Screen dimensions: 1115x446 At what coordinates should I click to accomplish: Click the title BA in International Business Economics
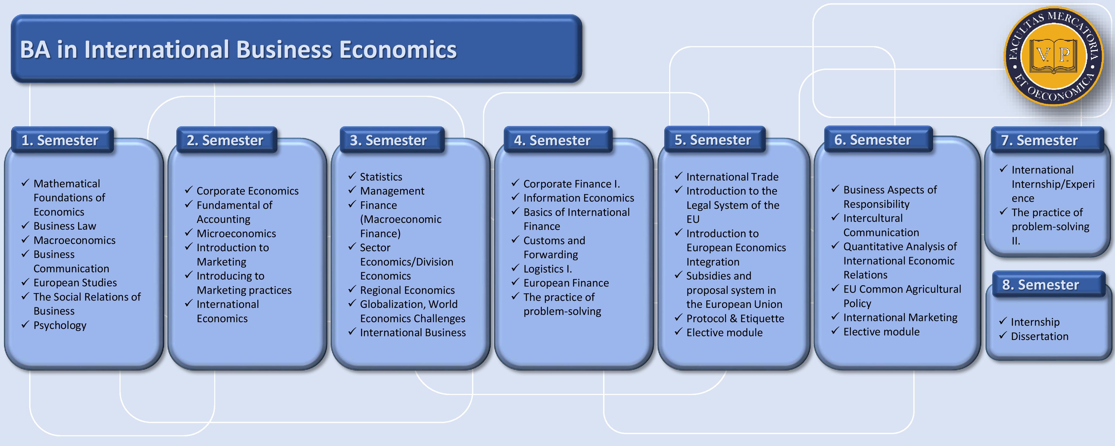[238, 49]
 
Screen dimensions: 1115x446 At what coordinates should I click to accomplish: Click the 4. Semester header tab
[557, 140]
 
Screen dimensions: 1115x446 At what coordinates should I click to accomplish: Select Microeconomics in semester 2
[236, 233]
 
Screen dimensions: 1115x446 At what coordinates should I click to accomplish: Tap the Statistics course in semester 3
[381, 177]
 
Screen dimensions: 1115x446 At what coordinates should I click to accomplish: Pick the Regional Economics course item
[407, 290]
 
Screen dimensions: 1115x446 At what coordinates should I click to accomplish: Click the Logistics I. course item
[548, 269]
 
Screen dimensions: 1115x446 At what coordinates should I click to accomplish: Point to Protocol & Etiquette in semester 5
[735, 318]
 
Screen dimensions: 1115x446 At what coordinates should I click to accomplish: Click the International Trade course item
[732, 177]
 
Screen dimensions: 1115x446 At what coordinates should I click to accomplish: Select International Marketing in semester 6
[900, 317]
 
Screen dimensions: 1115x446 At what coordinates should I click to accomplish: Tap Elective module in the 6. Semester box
[881, 332]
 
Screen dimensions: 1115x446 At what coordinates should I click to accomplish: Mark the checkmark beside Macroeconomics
[25, 239]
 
